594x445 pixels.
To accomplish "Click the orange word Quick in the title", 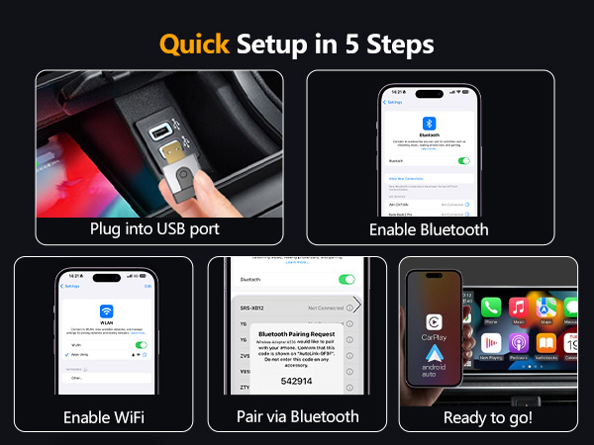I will pos(194,44).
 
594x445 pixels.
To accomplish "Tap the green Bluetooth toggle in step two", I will pos(463,160).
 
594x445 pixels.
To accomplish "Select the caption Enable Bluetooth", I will pos(429,228).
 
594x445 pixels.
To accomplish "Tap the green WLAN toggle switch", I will pos(141,345).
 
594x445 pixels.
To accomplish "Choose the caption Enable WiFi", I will pos(104,416).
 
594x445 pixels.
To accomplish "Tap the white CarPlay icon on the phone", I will pos(435,320).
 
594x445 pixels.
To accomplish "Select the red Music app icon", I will pos(516,308).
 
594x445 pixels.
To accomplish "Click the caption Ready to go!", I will pos(486,416).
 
